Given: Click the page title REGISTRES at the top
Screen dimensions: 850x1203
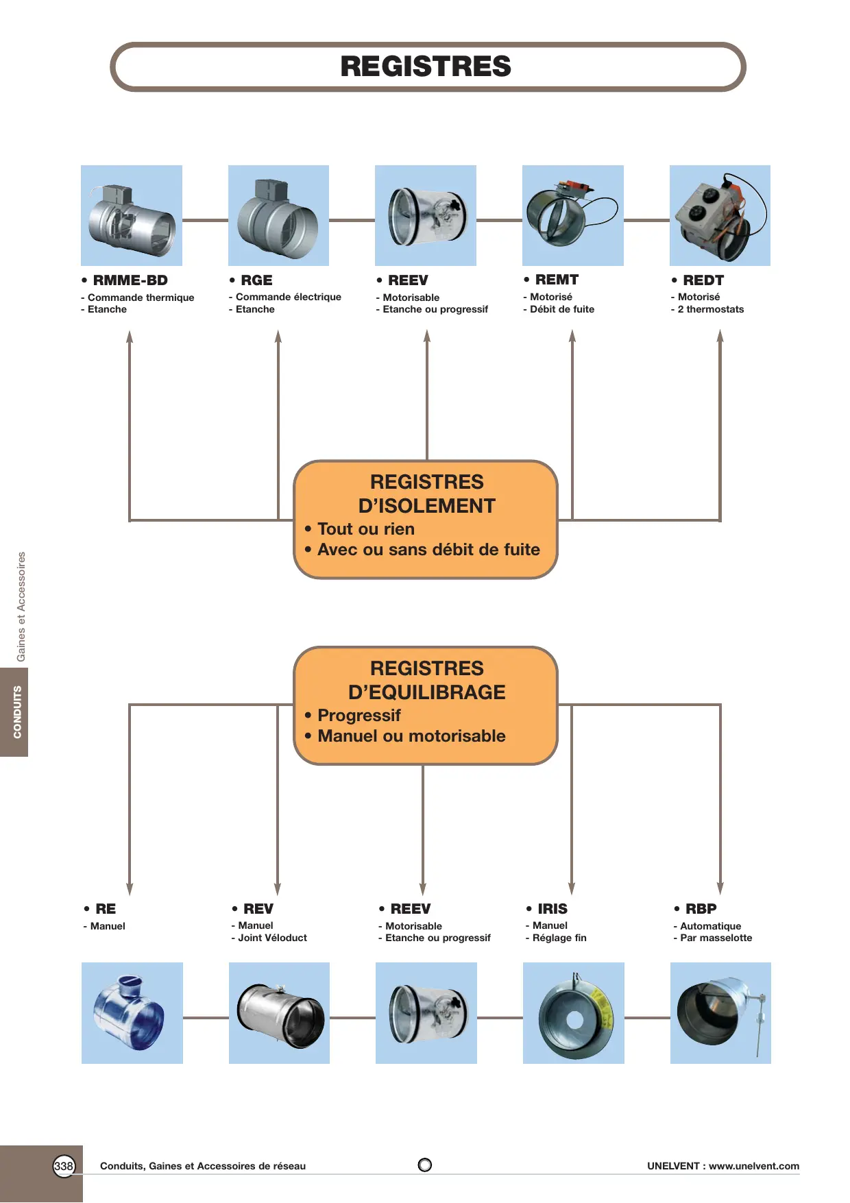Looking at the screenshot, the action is point(426,66).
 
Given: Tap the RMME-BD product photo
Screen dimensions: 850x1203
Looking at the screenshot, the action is point(132,215).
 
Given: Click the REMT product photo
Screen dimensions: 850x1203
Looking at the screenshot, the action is point(573,215).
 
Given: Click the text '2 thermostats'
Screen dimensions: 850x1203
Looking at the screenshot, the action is point(711,309).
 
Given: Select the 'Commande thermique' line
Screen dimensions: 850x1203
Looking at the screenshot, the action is point(141,297).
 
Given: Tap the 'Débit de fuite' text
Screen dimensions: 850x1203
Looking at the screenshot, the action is point(562,309).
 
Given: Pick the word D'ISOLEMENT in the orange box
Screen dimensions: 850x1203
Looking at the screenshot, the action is point(426,506).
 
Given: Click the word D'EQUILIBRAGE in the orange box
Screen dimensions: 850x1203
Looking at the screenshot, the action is point(426,692).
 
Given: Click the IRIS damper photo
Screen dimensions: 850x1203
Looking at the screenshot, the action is point(574,1013).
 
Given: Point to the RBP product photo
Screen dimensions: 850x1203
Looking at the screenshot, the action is point(720,1013).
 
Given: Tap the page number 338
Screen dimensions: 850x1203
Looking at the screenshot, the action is point(64,1166).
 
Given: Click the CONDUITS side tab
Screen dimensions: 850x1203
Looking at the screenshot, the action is point(14,712).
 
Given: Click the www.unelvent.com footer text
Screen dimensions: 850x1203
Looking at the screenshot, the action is point(754,1166).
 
